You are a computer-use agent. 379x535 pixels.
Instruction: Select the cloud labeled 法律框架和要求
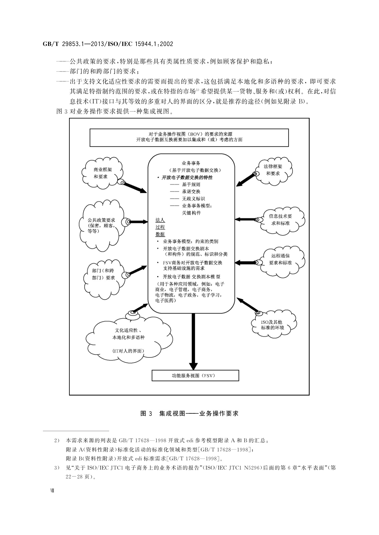(273, 170)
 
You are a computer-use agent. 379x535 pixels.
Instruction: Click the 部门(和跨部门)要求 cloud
(103, 274)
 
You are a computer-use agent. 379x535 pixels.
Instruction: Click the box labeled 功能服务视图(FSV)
(195, 376)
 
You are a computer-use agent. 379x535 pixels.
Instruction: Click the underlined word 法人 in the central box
(160, 220)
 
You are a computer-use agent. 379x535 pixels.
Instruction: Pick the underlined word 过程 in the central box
(160, 227)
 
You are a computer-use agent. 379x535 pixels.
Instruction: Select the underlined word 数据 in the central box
(160, 234)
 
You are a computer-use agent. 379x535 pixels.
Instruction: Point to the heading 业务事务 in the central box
(191, 163)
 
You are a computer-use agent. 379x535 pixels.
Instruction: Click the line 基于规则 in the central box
(191, 184)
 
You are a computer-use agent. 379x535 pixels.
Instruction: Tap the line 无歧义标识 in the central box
(193, 199)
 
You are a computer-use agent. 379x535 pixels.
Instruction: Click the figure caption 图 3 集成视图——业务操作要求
(189, 413)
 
